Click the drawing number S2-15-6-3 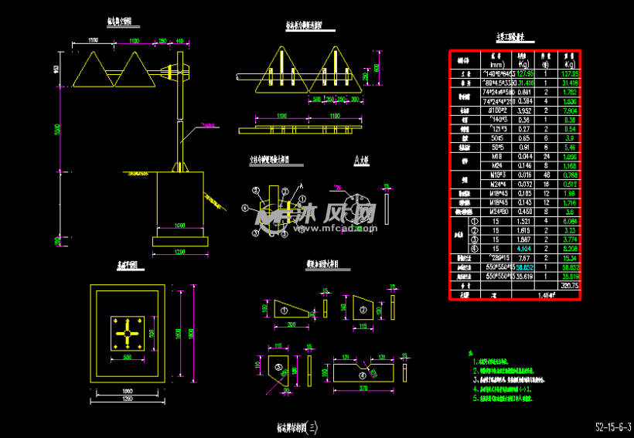[613, 426]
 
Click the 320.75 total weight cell [571, 285]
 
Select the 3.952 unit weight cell [523, 110]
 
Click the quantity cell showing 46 [546, 175]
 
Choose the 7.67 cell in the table [523, 258]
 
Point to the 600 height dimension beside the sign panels [377, 67]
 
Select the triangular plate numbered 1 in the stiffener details [282, 309]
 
